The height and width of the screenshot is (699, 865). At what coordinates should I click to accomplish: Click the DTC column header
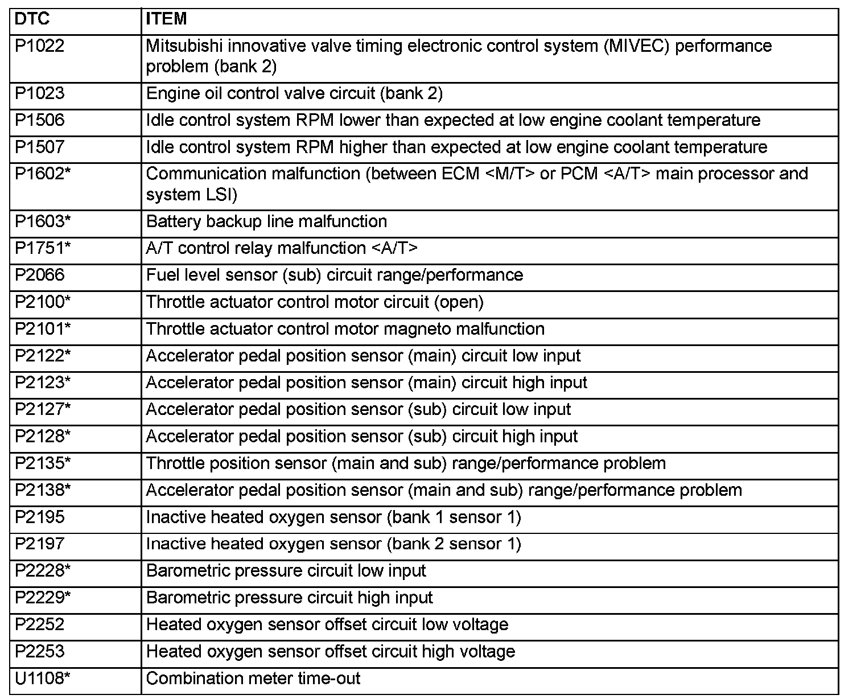[x=32, y=19]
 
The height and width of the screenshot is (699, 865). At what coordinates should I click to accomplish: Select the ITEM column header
[x=166, y=19]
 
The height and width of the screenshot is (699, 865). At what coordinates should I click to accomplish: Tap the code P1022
[x=40, y=46]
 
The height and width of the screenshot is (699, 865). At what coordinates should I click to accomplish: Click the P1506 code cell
[x=40, y=120]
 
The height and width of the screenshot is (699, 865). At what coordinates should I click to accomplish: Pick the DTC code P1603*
[x=43, y=221]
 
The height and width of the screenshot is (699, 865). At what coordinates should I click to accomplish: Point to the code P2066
[x=40, y=275]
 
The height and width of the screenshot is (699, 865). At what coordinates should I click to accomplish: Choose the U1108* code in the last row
[x=43, y=679]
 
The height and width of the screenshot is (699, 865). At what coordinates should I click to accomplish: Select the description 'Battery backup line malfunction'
[x=266, y=221]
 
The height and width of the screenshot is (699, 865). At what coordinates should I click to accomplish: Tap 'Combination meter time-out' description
[x=253, y=679]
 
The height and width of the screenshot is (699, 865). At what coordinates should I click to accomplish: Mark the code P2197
[x=40, y=544]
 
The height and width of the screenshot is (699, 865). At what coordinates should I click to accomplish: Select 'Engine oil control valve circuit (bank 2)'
[x=294, y=93]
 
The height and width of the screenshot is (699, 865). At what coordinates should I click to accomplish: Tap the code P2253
[x=40, y=652]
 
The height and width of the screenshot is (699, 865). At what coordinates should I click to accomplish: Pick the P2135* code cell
[x=43, y=463]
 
